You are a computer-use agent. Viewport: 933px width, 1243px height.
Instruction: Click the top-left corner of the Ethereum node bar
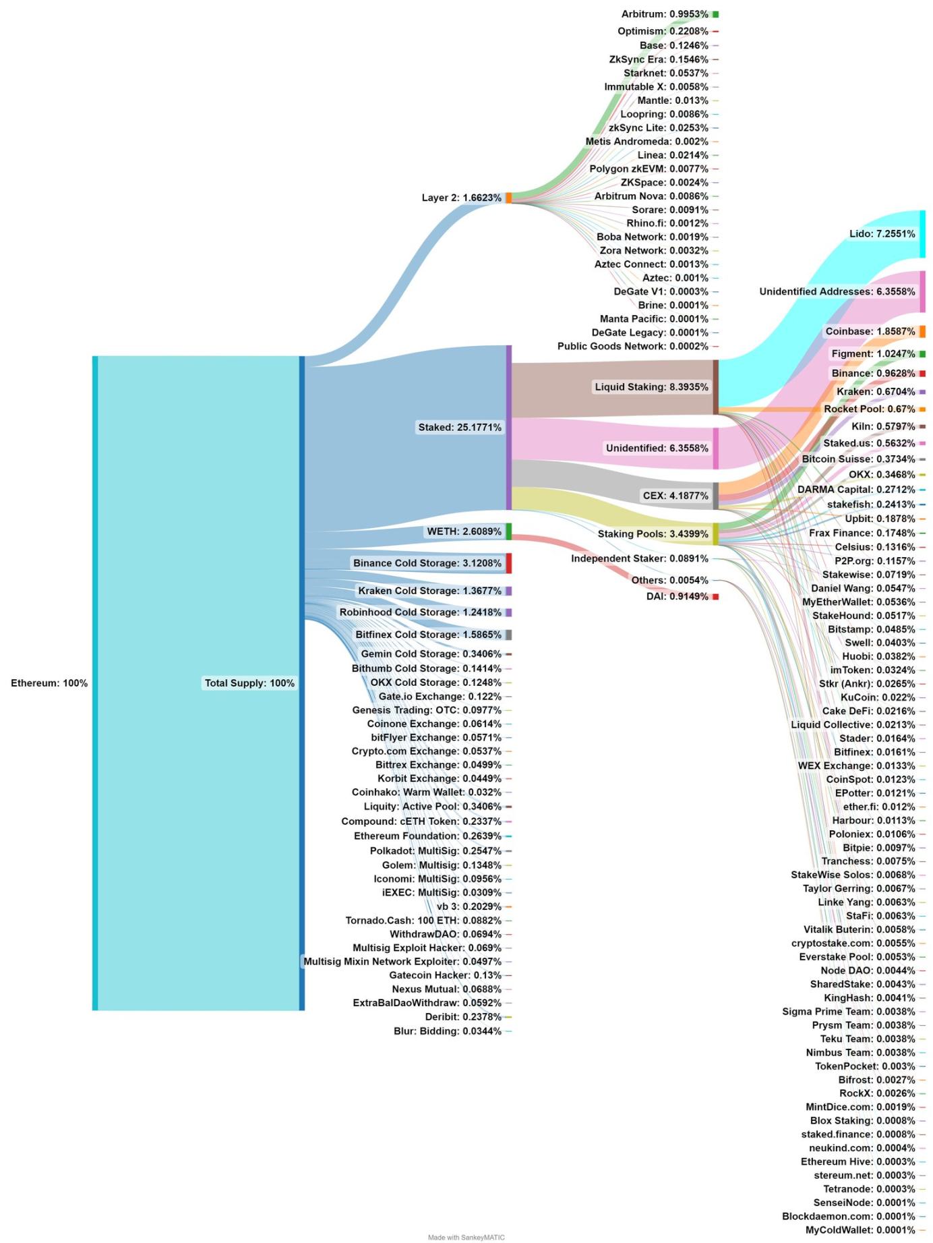(92, 356)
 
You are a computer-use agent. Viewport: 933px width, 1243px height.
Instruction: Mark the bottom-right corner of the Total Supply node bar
(305, 1010)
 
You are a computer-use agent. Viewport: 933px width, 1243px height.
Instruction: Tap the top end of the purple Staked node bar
(509, 345)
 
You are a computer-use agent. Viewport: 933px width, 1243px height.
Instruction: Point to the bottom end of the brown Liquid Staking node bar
(716, 415)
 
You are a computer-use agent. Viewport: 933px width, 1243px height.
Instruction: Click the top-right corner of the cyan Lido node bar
(926, 210)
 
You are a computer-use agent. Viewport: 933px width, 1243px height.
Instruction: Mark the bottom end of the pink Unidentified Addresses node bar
(923, 312)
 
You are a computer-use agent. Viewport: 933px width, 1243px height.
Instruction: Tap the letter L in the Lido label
(853, 234)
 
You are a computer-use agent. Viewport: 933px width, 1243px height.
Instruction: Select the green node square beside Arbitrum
(716, 14)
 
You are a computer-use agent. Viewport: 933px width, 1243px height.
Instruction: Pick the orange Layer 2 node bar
(509, 198)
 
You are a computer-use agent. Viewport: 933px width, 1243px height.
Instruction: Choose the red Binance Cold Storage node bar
(509, 563)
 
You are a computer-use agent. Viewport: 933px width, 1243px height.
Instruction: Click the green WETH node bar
(509, 531)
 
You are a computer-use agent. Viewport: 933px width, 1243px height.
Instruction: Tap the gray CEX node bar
(716, 496)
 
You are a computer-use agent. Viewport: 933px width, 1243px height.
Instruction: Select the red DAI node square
(716, 597)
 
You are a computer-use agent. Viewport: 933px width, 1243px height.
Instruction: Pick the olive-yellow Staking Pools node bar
(716, 533)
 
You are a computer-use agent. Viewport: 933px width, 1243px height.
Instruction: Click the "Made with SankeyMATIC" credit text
(466, 1238)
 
